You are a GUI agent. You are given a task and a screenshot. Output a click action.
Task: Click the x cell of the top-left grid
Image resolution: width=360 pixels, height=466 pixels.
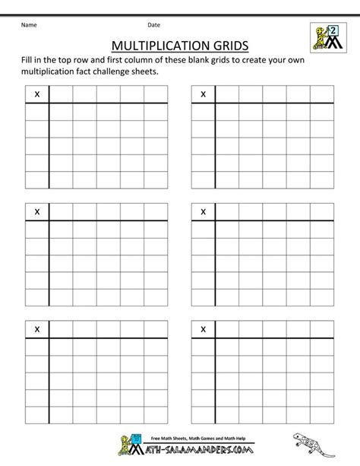36,94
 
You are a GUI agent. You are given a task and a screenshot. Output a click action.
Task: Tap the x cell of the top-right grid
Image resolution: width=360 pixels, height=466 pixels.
203,94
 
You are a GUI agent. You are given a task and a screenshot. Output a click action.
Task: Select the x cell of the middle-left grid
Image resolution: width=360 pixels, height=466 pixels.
36,211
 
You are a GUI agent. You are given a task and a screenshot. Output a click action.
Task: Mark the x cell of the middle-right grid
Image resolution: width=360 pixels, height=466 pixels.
203,211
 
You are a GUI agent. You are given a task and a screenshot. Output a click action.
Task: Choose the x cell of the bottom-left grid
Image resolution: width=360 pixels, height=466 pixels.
36,329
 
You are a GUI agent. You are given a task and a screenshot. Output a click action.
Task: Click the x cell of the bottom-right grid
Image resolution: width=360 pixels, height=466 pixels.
203,329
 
